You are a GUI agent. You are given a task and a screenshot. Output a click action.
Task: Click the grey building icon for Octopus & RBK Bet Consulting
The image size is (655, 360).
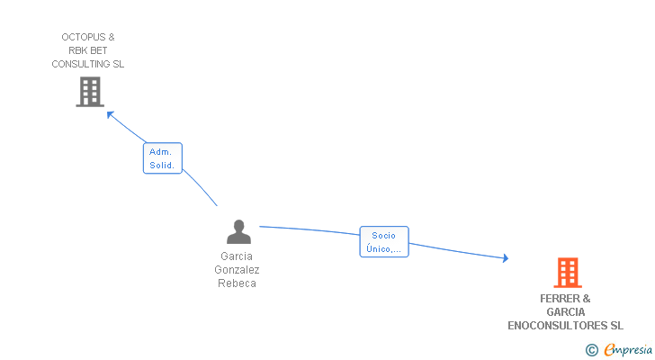(89, 92)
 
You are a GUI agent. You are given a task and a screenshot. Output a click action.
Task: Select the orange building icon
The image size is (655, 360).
(567, 272)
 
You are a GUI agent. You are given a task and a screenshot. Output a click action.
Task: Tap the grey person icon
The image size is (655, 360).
(238, 232)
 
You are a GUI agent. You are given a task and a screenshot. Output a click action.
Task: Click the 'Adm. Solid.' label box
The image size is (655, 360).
(163, 158)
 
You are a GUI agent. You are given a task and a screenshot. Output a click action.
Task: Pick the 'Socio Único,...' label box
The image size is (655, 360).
(384, 242)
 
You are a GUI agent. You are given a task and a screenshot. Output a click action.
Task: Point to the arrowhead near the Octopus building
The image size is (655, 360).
(110, 113)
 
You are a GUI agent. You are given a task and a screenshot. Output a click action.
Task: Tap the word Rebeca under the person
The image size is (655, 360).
(237, 283)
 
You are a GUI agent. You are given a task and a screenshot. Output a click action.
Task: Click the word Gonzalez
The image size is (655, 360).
(237, 270)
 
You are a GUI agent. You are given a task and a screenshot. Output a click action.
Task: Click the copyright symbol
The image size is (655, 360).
(591, 350)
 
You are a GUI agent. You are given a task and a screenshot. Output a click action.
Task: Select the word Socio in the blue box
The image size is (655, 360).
(384, 236)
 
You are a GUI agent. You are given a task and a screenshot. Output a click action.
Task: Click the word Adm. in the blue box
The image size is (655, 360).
(161, 152)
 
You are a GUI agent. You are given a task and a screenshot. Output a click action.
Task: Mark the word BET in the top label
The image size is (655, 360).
(98, 50)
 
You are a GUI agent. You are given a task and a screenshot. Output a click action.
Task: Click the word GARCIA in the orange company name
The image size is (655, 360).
(565, 312)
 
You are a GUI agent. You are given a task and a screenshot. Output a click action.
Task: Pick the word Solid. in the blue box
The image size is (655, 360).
(162, 166)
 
